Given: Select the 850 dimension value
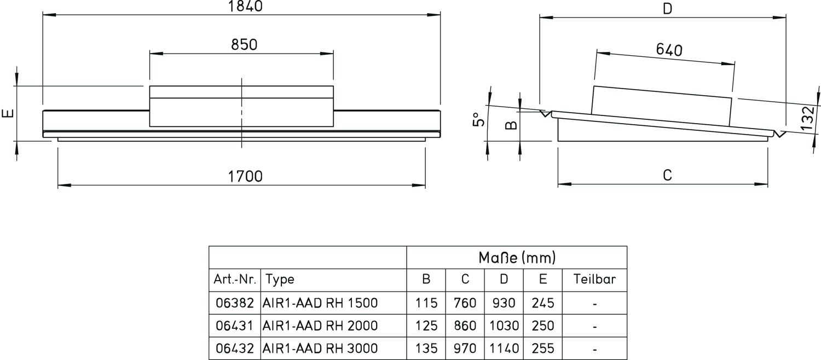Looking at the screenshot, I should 244,44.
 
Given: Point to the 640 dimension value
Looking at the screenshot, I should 669,50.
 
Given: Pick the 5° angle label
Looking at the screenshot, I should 477,120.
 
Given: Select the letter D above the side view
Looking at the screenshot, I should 667,9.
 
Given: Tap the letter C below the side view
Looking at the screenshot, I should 667,175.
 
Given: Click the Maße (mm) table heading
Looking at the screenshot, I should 517,257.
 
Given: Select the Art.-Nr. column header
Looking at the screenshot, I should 235,280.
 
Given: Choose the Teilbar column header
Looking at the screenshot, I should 594,280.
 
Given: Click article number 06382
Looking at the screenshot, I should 235,303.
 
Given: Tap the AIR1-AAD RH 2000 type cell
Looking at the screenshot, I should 320,326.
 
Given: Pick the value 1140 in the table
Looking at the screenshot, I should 504,349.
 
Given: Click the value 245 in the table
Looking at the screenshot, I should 542,303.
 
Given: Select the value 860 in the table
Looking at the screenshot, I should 465,326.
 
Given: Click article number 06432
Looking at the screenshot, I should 235,349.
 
